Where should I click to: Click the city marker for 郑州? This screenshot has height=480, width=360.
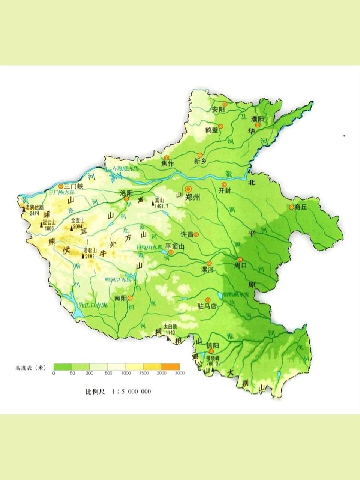(189, 189)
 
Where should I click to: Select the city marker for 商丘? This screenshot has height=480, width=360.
(291, 207)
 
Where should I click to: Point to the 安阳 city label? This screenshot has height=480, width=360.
(218, 110)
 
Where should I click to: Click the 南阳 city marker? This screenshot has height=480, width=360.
(130, 298)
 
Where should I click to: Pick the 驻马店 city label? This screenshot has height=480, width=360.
(207, 306)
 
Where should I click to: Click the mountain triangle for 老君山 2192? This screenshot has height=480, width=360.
(83, 256)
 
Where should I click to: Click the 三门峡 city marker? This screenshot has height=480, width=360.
(61, 186)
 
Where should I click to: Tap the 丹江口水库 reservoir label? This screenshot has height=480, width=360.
(94, 306)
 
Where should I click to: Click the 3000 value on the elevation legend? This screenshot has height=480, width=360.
(180, 373)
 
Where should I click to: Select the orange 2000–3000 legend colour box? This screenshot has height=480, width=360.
(171, 366)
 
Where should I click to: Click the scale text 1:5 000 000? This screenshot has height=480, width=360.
(131, 391)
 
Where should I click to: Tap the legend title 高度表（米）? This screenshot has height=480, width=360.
(31, 367)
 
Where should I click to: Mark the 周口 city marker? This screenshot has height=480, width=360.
(240, 259)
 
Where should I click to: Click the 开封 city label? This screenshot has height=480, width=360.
(224, 191)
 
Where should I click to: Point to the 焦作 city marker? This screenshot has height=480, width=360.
(166, 157)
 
